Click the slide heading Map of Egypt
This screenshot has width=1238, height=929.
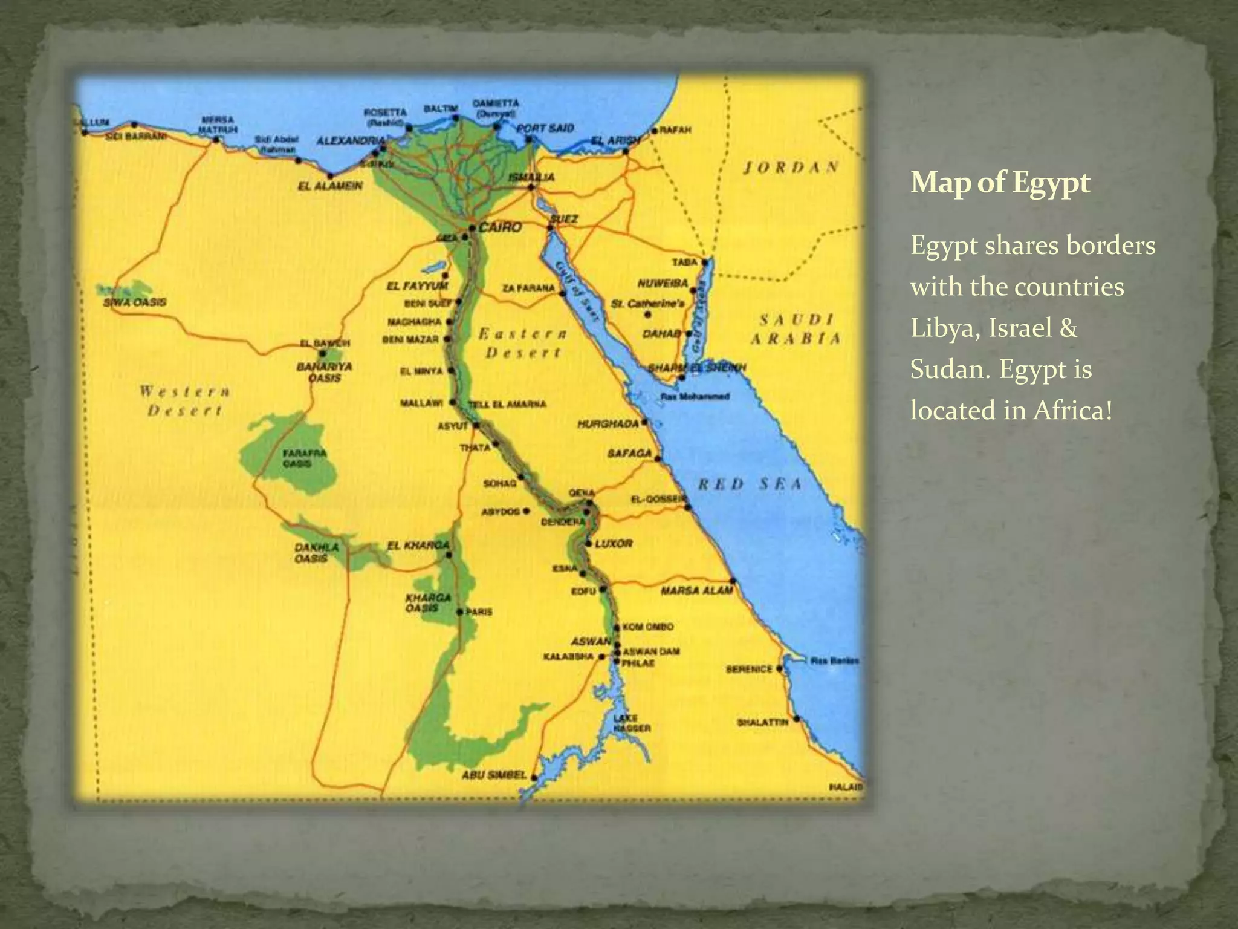point(1000,182)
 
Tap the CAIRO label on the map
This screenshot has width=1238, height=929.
point(500,227)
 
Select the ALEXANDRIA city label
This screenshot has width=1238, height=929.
point(351,141)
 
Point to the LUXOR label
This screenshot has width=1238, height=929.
point(614,543)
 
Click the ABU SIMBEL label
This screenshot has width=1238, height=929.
point(494,775)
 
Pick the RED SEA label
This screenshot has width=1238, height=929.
point(750,484)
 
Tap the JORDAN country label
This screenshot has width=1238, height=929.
point(791,168)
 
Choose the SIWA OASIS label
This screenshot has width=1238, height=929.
point(134,302)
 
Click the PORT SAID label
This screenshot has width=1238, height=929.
point(545,128)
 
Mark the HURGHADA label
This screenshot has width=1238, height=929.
point(608,424)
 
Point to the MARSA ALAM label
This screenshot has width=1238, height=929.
point(696,590)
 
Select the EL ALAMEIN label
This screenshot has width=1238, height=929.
point(330,186)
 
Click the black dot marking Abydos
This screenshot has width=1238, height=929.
point(527,511)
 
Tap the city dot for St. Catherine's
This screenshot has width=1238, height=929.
point(648,315)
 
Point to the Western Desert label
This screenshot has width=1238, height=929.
point(185,401)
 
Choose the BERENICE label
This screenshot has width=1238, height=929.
point(749,669)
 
